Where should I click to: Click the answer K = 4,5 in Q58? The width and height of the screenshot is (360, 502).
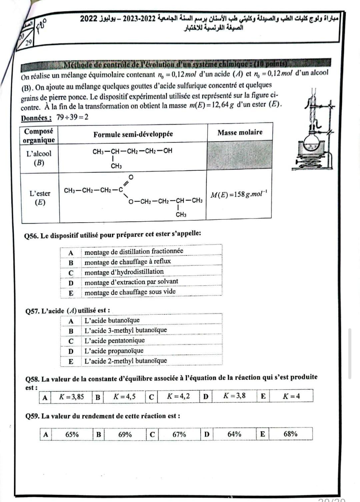pos(124,397)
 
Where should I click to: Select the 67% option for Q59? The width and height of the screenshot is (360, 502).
pos(179,434)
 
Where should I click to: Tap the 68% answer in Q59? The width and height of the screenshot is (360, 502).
pos(290,434)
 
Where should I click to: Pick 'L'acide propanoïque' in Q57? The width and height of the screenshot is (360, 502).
pos(114,351)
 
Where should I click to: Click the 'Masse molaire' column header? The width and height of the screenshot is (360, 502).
pos(240,133)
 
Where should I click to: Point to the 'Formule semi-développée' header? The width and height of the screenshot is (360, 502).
pos(133,134)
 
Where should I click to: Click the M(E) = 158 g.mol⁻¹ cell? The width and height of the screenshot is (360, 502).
pos(239,194)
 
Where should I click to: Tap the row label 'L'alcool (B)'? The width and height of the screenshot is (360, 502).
pos(39,158)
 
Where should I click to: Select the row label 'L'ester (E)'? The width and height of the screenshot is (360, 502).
pos(40,198)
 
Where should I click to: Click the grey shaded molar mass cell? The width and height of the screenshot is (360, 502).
pos(239,156)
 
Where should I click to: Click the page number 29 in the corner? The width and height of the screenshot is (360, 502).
pos(28,42)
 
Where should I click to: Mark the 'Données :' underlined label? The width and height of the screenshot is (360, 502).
pos(36,118)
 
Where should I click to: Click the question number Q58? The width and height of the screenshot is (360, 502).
pos(32,379)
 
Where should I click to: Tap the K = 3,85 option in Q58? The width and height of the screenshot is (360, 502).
pos(71,397)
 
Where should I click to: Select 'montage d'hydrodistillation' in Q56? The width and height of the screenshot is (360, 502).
pos(124,272)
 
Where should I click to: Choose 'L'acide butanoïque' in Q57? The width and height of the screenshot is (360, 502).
pos(112,320)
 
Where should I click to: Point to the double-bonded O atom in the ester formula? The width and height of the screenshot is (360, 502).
pos(131,177)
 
